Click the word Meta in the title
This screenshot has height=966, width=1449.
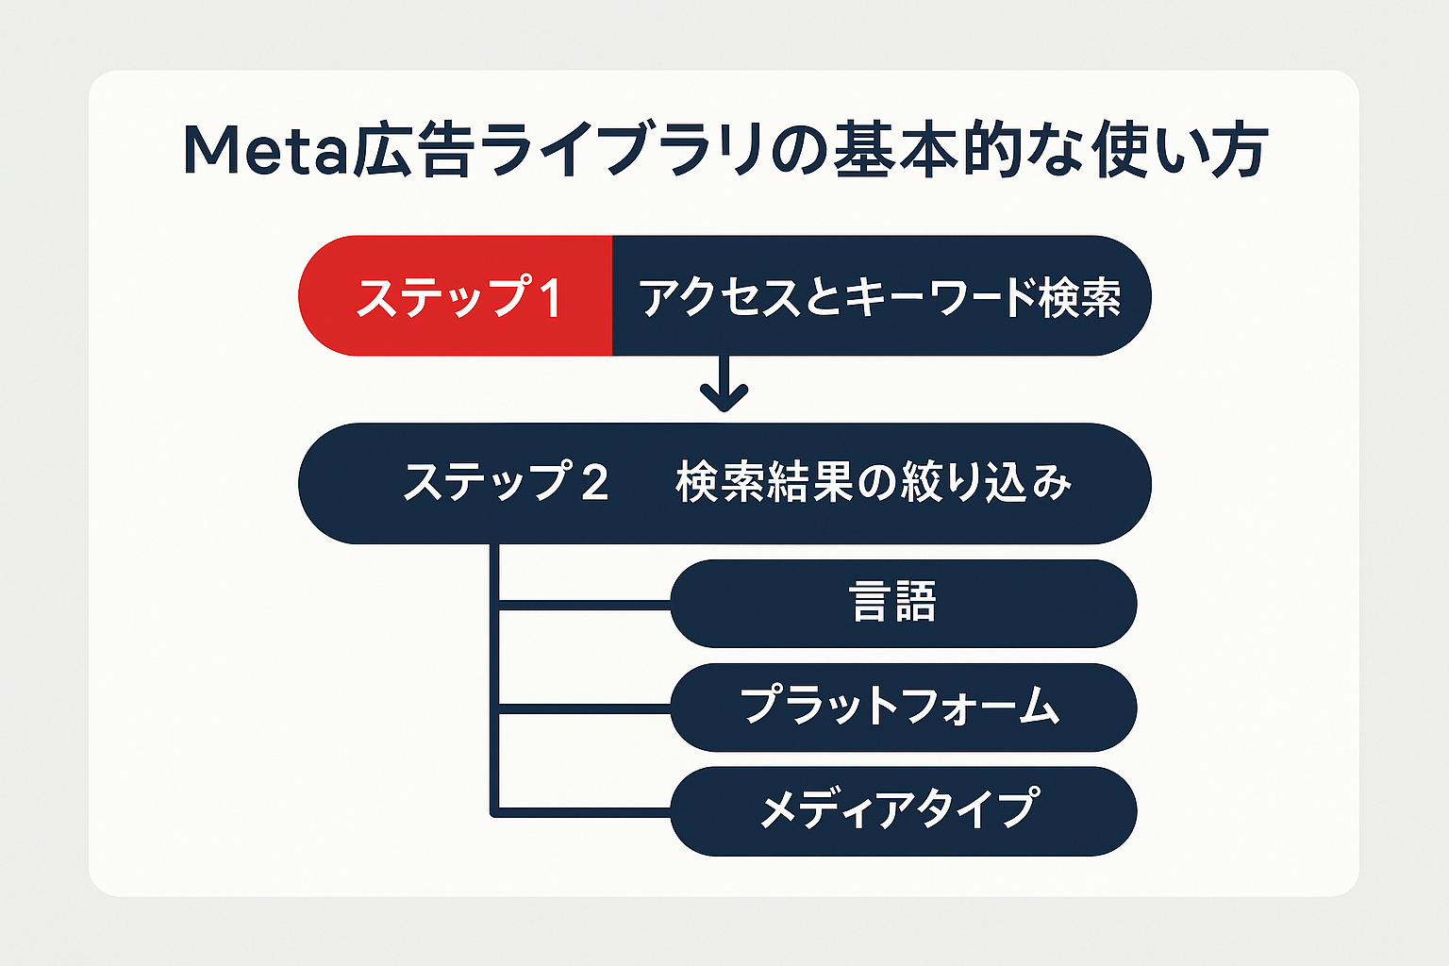click(265, 152)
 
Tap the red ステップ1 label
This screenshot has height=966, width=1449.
click(458, 296)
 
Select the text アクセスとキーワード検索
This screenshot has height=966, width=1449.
click(879, 296)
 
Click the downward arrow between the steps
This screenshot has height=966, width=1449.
click(724, 385)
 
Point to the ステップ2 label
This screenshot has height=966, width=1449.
click(506, 483)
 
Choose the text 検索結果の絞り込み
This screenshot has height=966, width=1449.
click(874, 483)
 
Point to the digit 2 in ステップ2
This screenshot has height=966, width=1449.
click(594, 484)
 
